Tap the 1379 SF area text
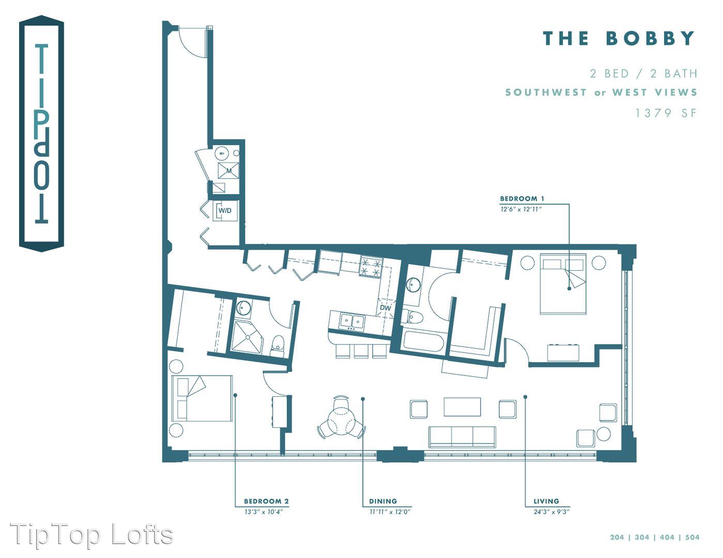coord(666,113)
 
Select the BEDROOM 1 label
coord(522,198)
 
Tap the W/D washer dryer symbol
coord(225,211)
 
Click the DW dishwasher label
coord(385,308)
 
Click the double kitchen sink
coord(352,321)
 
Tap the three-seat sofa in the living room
coord(462,437)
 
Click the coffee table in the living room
coord(462,407)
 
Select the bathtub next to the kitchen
coord(423,340)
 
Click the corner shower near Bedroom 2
coord(247,336)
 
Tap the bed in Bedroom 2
coord(202,399)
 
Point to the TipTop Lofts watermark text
coord(91,534)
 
